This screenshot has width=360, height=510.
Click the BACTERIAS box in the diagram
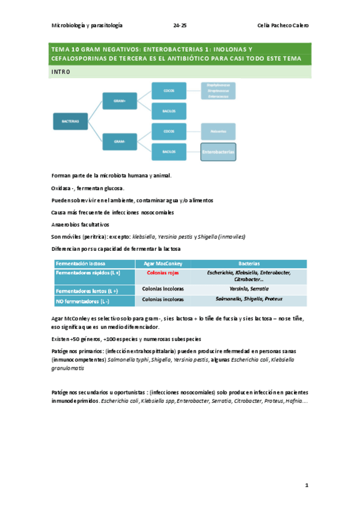pyautogui.click(x=70, y=121)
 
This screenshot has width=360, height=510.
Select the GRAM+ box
pyautogui.click(x=120, y=100)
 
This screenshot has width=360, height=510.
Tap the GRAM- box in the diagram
pyautogui.click(x=120, y=142)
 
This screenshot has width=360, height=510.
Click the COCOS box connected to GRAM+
pyautogui.click(x=169, y=90)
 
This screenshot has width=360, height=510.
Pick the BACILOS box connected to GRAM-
pyautogui.click(x=169, y=152)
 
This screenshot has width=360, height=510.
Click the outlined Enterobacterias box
pyautogui.click(x=219, y=152)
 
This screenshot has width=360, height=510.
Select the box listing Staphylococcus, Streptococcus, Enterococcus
pyautogui.click(x=218, y=90)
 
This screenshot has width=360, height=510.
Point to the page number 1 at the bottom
pyautogui.click(x=306, y=484)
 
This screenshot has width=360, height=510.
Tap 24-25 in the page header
pyautogui.click(x=180, y=25)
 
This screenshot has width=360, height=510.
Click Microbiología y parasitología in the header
pyautogui.click(x=88, y=25)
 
